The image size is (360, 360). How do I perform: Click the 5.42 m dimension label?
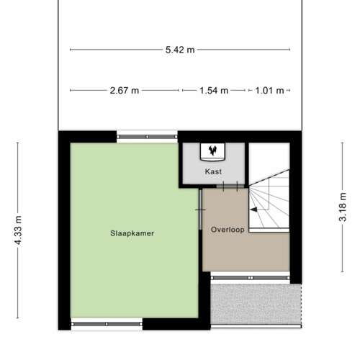[x=180, y=50]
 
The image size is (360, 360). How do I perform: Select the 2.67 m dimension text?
[x=125, y=91]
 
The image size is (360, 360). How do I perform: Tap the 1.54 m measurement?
[x=214, y=91]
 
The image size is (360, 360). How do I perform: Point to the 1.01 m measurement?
[x=269, y=91]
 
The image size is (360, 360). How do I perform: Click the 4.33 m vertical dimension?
[x=18, y=230]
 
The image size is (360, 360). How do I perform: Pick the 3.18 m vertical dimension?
[x=343, y=207]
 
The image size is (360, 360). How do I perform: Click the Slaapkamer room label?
[x=132, y=233]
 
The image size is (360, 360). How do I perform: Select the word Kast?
[x=213, y=171]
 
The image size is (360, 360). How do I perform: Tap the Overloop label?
[x=228, y=230]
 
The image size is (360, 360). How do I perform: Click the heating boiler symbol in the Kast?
[x=212, y=152]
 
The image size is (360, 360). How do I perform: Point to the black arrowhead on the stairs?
[x=253, y=210]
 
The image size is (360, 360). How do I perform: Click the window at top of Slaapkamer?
[x=147, y=137]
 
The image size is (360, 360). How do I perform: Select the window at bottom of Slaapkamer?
[x=107, y=324]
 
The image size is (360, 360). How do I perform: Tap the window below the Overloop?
[x=251, y=278]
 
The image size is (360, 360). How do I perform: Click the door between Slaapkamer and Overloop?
[x=200, y=210]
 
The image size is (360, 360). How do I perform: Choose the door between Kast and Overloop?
[x=230, y=186]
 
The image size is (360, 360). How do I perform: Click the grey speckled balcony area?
[x=256, y=304]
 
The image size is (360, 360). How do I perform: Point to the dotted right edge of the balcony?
[x=301, y=305]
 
